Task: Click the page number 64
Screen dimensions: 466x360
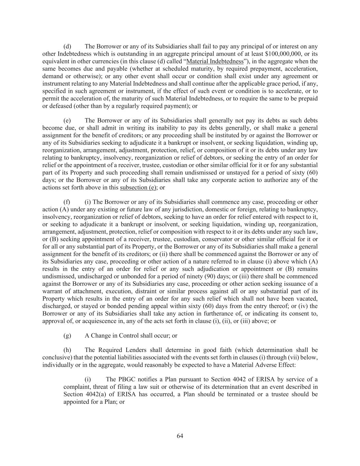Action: click(180, 436)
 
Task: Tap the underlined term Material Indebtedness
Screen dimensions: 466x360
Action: click(215, 61)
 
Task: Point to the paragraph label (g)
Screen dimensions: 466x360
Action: click(67, 336)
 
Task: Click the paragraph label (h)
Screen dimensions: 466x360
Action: click(67, 350)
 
